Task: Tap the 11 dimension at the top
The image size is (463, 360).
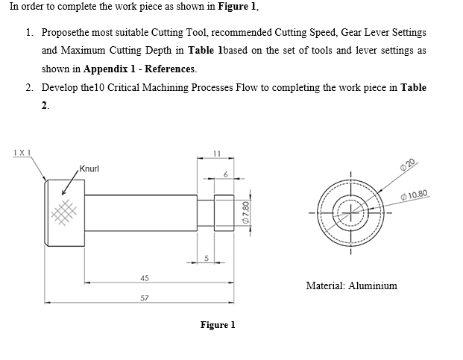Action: click(x=216, y=152)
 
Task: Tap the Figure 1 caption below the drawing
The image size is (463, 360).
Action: click(x=218, y=325)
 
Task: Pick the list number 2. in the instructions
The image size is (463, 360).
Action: click(x=28, y=87)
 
